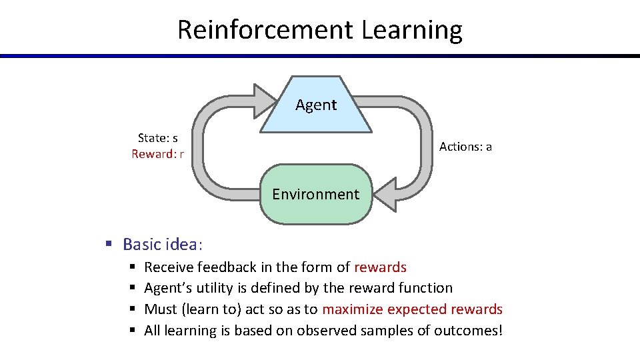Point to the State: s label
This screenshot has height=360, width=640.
[157, 138]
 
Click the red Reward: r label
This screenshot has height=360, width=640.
[157, 154]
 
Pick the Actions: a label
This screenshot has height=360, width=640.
[465, 146]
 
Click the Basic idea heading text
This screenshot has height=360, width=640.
[161, 244]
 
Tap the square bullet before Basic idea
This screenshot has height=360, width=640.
[108, 244]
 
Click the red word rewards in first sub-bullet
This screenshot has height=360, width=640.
[380, 267]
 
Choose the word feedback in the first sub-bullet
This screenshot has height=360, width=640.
[226, 267]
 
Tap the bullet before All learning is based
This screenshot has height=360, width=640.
[132, 331]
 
